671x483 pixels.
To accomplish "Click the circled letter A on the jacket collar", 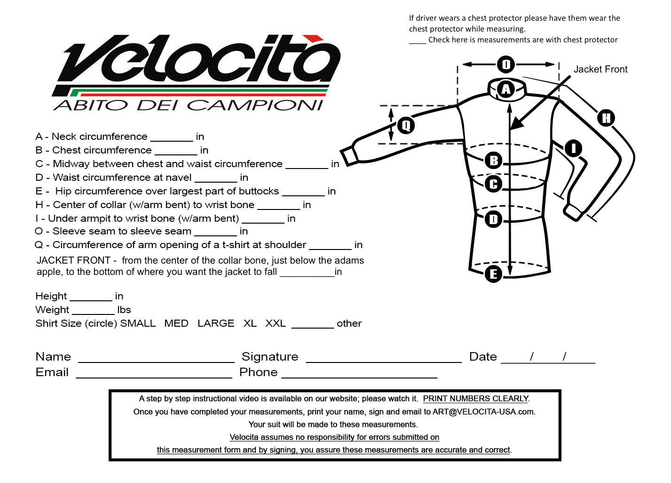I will pyautogui.click(x=506, y=89).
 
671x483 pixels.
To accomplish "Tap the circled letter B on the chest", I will pyautogui.click(x=493, y=161).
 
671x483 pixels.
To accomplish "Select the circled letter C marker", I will pyautogui.click(x=493, y=184).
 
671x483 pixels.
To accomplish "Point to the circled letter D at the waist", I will pyautogui.click(x=493, y=219).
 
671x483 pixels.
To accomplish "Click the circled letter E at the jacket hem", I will pyautogui.click(x=493, y=274).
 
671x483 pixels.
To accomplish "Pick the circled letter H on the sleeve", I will pyautogui.click(x=606, y=118).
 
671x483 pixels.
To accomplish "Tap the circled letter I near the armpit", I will pyautogui.click(x=573, y=148).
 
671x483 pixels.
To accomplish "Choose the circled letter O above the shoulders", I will pyautogui.click(x=506, y=64).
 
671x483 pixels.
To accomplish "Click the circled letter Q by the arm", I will pyautogui.click(x=406, y=125).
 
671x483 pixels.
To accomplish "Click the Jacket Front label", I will pyautogui.click(x=600, y=70).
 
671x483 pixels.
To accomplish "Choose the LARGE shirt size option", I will pyautogui.click(x=216, y=323).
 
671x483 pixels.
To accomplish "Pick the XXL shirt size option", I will pyautogui.click(x=276, y=323).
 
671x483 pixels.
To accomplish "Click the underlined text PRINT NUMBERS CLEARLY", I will pyautogui.click(x=476, y=399).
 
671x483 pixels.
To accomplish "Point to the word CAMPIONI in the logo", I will pyautogui.click(x=256, y=105).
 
